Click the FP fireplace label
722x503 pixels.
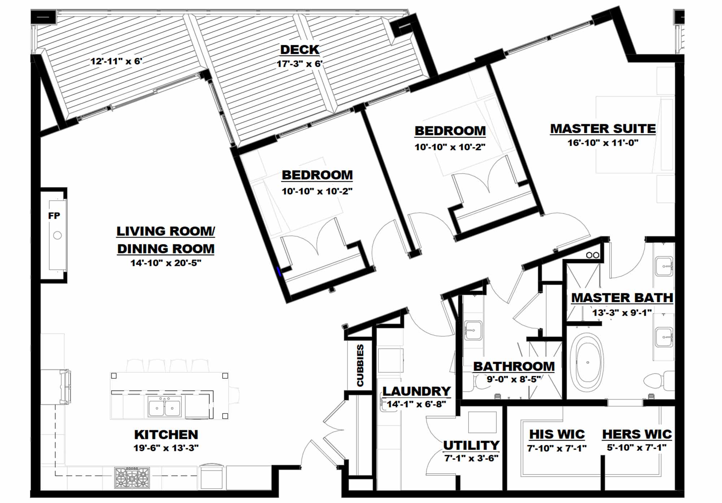click(x=54, y=216)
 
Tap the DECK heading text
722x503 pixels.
click(x=300, y=49)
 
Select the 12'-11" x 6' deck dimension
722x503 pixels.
click(x=116, y=61)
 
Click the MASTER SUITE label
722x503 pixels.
click(x=603, y=129)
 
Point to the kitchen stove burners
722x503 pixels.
click(x=132, y=477)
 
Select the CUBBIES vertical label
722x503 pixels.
click(x=360, y=365)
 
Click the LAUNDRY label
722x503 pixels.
click(x=417, y=391)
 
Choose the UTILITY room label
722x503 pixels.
click(x=471, y=445)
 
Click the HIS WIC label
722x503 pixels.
click(x=557, y=434)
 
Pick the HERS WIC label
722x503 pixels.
click(x=637, y=434)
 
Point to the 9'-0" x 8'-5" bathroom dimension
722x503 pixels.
click(x=514, y=380)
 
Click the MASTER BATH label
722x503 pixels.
click(x=622, y=298)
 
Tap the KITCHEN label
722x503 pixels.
click(x=166, y=434)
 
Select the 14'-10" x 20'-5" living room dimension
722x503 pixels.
click(x=166, y=263)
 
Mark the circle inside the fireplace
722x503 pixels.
click(x=57, y=235)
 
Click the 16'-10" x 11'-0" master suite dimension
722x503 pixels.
click(x=603, y=143)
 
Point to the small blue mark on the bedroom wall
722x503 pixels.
click(x=279, y=272)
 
